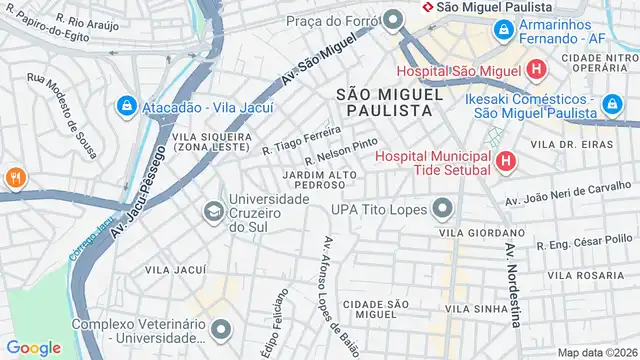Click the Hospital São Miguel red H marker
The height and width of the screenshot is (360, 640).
click(x=537, y=70)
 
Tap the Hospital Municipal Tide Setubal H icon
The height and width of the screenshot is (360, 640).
click(x=504, y=160)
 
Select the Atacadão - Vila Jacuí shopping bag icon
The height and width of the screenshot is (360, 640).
click(x=127, y=104)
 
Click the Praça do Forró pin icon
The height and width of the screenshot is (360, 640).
click(x=393, y=19)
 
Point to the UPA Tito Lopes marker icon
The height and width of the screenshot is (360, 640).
click(x=441, y=209)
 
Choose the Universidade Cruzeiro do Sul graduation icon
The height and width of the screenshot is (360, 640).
click(x=213, y=212)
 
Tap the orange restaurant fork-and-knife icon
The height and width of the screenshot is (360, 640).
click(x=15, y=178)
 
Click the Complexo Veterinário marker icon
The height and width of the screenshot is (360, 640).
click(x=222, y=331)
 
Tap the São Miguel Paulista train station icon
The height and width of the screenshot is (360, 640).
click(x=428, y=6)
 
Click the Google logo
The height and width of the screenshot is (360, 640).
click(x=33, y=347)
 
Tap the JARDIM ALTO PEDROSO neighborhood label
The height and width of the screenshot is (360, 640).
click(x=320, y=180)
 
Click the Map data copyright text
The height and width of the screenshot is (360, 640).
click(x=596, y=352)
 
